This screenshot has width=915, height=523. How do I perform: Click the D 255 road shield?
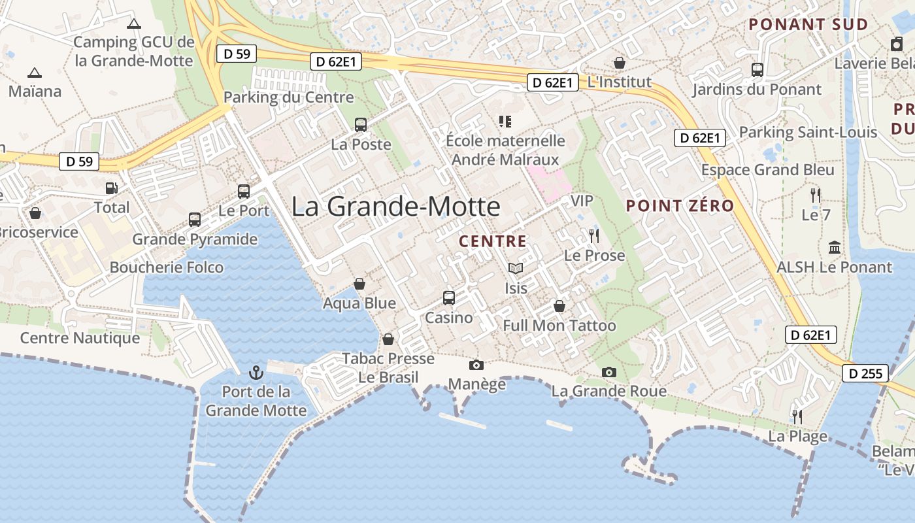(x=865, y=374)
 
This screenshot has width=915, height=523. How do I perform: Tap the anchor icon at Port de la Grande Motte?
(x=256, y=373)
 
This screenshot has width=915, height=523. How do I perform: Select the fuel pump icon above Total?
(x=112, y=188)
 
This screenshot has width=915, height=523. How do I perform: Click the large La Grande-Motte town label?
(x=395, y=207)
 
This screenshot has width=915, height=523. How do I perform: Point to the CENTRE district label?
(x=493, y=241)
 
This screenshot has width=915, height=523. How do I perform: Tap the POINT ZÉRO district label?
(x=680, y=206)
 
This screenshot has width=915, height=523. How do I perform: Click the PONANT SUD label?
(x=808, y=25)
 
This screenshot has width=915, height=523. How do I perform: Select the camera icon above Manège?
(x=476, y=365)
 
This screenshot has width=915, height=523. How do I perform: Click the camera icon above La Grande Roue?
(x=608, y=372)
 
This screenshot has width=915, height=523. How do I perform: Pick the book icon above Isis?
(x=516, y=268)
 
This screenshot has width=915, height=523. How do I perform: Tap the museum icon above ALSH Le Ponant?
(x=834, y=247)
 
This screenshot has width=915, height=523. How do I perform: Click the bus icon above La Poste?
(x=360, y=124)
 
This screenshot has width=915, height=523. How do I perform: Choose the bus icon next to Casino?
(x=449, y=297)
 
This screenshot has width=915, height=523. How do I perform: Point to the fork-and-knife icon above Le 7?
(x=815, y=194)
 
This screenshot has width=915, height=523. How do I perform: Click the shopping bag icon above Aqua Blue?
(x=359, y=283)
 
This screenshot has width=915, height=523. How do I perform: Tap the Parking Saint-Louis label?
(x=808, y=132)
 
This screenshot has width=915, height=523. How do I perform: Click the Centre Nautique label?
(x=80, y=338)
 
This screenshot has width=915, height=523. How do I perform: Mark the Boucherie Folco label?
(x=166, y=267)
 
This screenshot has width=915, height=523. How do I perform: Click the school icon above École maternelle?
(x=505, y=121)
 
